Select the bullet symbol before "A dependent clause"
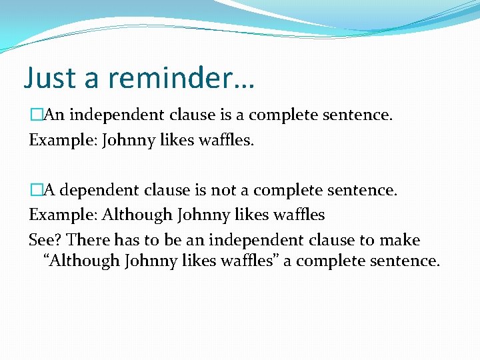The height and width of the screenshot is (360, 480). [x=35, y=191]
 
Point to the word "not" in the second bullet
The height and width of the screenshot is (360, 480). [x=224, y=191]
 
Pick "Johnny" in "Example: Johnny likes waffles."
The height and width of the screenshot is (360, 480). [x=129, y=141]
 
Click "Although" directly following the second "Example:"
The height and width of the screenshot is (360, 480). [x=137, y=215]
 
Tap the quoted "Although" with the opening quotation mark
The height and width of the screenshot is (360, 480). [x=81, y=261]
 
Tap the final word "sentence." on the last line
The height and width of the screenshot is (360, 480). [x=404, y=261]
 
